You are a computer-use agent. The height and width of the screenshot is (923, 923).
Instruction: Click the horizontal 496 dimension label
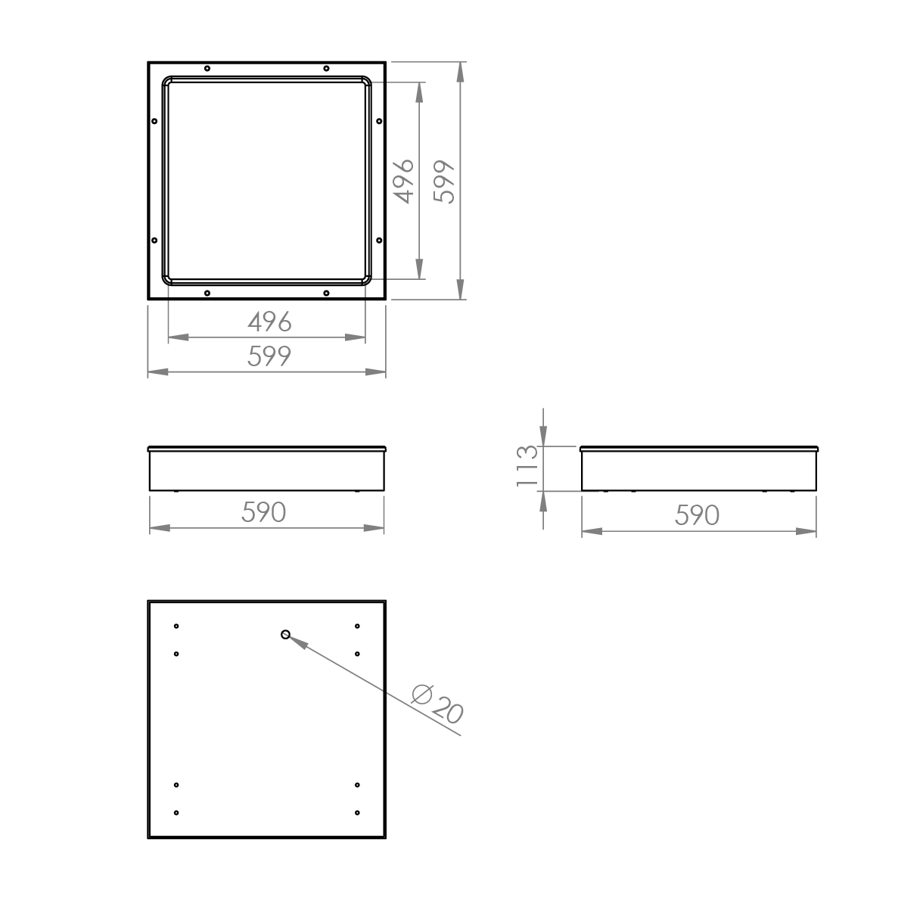tap(269, 322)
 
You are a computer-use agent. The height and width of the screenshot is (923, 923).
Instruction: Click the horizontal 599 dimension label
tap(269, 356)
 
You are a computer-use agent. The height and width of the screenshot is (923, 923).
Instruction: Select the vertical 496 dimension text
tap(403, 182)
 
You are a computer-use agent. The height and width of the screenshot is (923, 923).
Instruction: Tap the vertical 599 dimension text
tap(443, 182)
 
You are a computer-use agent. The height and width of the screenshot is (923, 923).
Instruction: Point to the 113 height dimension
tap(527, 465)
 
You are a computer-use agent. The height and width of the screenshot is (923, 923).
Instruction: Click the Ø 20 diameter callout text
tap(437, 704)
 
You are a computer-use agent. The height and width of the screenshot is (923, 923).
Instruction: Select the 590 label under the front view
tap(264, 512)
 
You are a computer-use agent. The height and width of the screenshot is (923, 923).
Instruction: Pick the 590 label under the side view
tap(697, 515)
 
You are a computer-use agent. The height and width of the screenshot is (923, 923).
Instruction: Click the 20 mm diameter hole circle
tap(285, 635)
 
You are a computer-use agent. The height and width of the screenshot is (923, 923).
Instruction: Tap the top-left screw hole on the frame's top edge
tap(207, 69)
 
